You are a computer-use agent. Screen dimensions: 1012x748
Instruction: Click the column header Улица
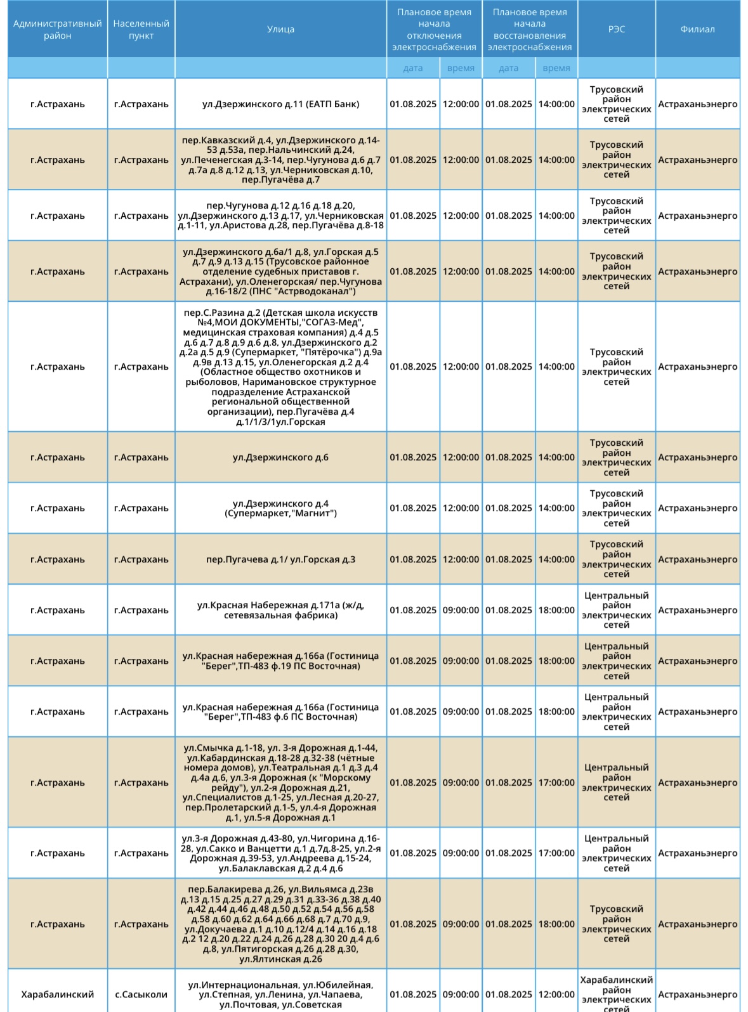pos(280,29)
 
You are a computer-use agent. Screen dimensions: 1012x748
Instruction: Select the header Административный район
pos(57,29)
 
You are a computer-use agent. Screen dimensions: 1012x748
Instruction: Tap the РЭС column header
pos(616,29)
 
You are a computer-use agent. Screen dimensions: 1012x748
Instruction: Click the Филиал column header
pos(697,29)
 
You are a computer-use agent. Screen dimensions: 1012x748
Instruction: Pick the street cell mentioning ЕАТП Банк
pos(280,104)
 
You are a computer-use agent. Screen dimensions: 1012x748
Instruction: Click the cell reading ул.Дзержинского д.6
pos(280,457)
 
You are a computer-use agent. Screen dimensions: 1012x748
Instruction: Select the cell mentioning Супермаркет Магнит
pos(280,508)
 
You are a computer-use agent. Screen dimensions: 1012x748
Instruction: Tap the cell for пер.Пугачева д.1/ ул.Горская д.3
pos(280,559)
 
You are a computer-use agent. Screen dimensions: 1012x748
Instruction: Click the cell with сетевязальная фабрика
pos(280,610)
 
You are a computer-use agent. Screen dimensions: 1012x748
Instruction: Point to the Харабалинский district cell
pos(57,994)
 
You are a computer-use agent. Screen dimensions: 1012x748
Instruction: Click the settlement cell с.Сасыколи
pos(141,994)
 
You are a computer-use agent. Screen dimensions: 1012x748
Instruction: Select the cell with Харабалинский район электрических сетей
pos(616,994)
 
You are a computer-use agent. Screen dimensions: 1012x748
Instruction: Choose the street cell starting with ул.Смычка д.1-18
pos(280,782)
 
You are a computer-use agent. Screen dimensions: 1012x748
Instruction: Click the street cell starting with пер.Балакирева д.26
pos(280,924)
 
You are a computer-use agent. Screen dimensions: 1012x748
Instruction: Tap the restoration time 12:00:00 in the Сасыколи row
pos(556,994)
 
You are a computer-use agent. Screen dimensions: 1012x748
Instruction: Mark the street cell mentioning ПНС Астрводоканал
pos(280,271)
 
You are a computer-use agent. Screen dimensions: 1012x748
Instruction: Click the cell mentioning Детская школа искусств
pos(280,367)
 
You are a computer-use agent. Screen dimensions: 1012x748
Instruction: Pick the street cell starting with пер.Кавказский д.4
pos(280,160)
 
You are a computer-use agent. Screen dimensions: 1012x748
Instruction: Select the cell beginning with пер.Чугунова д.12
pos(280,216)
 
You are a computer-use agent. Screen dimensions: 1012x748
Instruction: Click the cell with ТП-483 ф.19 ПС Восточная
pos(280,661)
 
